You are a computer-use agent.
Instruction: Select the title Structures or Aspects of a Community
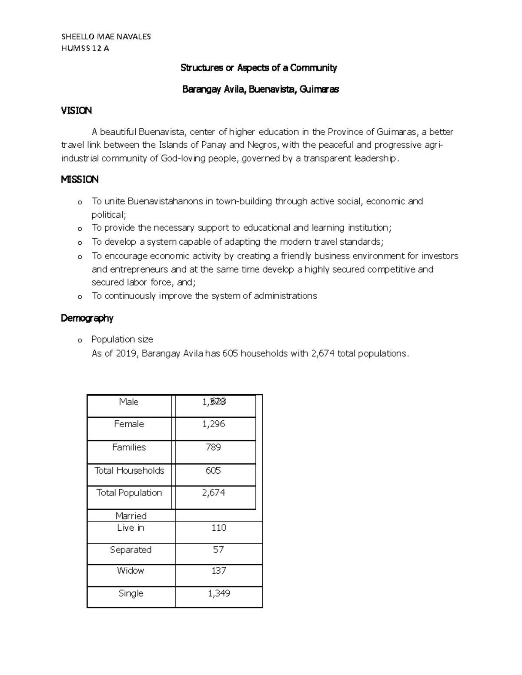click(259, 68)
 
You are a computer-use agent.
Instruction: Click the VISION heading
click(76, 111)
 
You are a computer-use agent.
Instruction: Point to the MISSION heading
click(80, 180)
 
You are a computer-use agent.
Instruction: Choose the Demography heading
click(87, 318)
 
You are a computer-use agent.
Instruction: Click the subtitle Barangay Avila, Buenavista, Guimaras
click(260, 90)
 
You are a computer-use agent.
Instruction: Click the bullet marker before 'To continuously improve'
click(79, 297)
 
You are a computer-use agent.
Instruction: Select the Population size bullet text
click(122, 339)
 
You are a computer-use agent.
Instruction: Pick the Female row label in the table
click(129, 424)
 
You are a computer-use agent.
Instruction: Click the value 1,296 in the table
click(213, 424)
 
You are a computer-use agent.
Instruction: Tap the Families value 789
click(213, 447)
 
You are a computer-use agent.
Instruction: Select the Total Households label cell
click(129, 470)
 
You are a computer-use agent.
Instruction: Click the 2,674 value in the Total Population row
click(213, 492)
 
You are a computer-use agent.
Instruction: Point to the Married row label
click(130, 516)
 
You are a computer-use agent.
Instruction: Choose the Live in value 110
click(218, 528)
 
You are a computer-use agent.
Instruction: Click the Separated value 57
click(218, 550)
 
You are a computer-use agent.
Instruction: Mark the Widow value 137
click(218, 571)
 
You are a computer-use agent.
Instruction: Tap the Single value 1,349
click(218, 593)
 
